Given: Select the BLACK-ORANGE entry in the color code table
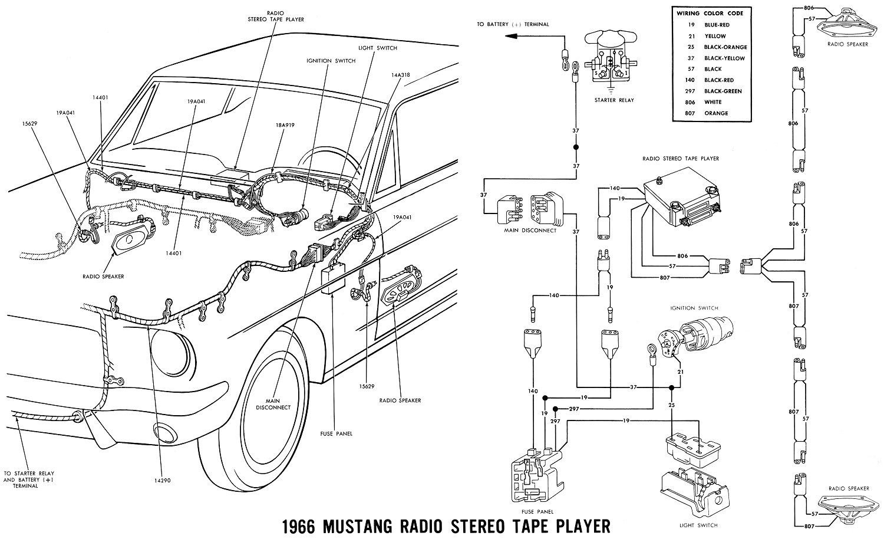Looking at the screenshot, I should click(725, 47).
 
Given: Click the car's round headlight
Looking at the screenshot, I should click(171, 353).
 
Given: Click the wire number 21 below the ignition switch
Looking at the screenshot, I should click(680, 372).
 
